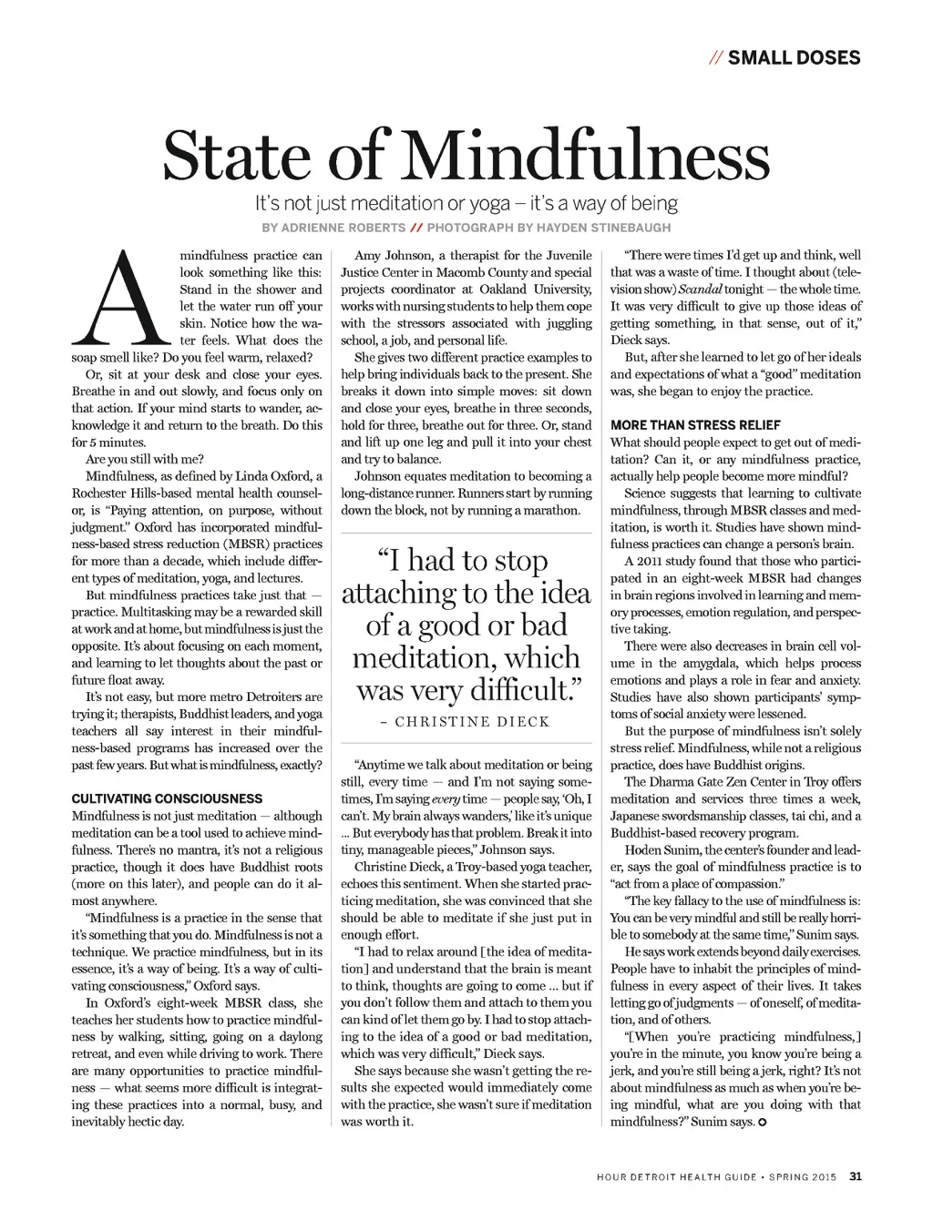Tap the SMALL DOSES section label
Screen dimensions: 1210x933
(x=794, y=58)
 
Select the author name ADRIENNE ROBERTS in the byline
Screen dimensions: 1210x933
(x=333, y=228)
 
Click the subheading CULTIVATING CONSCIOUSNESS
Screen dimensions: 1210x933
(x=167, y=798)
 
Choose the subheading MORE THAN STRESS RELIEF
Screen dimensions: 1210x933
(x=695, y=425)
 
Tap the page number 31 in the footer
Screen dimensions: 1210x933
(x=855, y=1175)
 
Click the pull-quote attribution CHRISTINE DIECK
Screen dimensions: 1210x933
(x=473, y=722)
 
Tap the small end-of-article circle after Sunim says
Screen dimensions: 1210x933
(x=763, y=1122)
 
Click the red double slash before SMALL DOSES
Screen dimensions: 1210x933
(x=715, y=58)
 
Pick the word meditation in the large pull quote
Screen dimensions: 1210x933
(x=420, y=658)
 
